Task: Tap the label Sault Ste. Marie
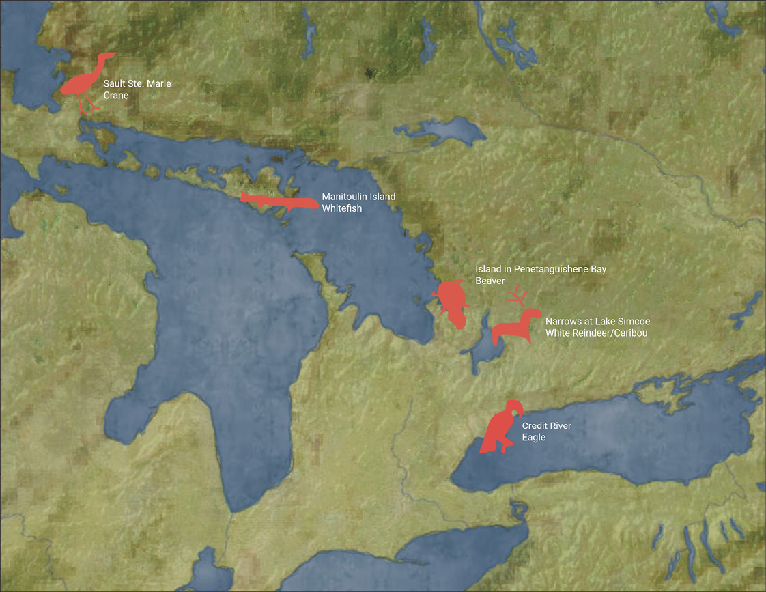137,84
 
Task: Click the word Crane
116,96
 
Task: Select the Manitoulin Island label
358,197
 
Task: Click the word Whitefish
342,208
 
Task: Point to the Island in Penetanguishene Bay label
541,270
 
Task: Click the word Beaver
490,281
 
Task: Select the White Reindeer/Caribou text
596,333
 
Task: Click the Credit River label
547,425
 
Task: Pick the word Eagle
534,437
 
